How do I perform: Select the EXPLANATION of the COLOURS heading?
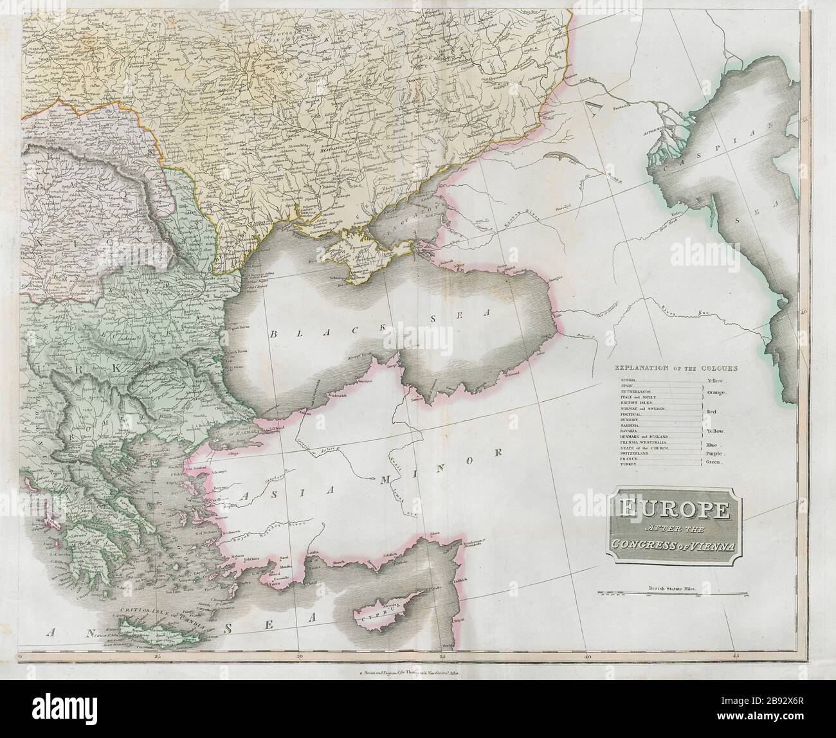(675, 368)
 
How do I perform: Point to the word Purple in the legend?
(714, 453)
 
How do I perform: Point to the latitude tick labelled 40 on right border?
(804, 310)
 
